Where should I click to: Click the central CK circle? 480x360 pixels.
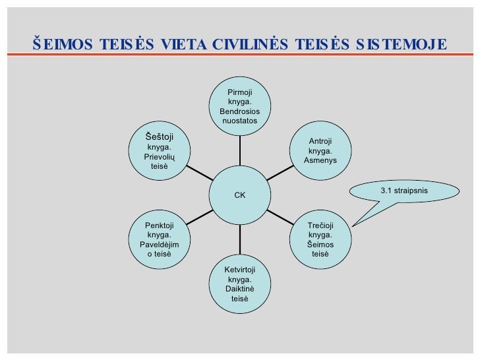tap(239, 195)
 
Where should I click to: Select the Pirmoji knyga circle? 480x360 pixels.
tap(239, 107)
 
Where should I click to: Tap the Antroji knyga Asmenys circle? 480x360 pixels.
tap(320, 152)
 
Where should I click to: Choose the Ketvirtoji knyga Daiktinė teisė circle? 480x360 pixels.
tap(239, 284)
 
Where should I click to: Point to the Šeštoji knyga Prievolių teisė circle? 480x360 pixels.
tap(159, 151)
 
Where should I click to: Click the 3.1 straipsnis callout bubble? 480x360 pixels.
tap(404, 191)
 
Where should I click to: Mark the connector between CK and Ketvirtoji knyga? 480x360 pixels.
tap(239, 239)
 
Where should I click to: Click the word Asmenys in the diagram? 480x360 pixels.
tap(320, 161)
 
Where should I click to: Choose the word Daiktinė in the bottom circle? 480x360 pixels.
tap(239, 289)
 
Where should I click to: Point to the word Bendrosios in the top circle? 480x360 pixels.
tap(239, 111)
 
